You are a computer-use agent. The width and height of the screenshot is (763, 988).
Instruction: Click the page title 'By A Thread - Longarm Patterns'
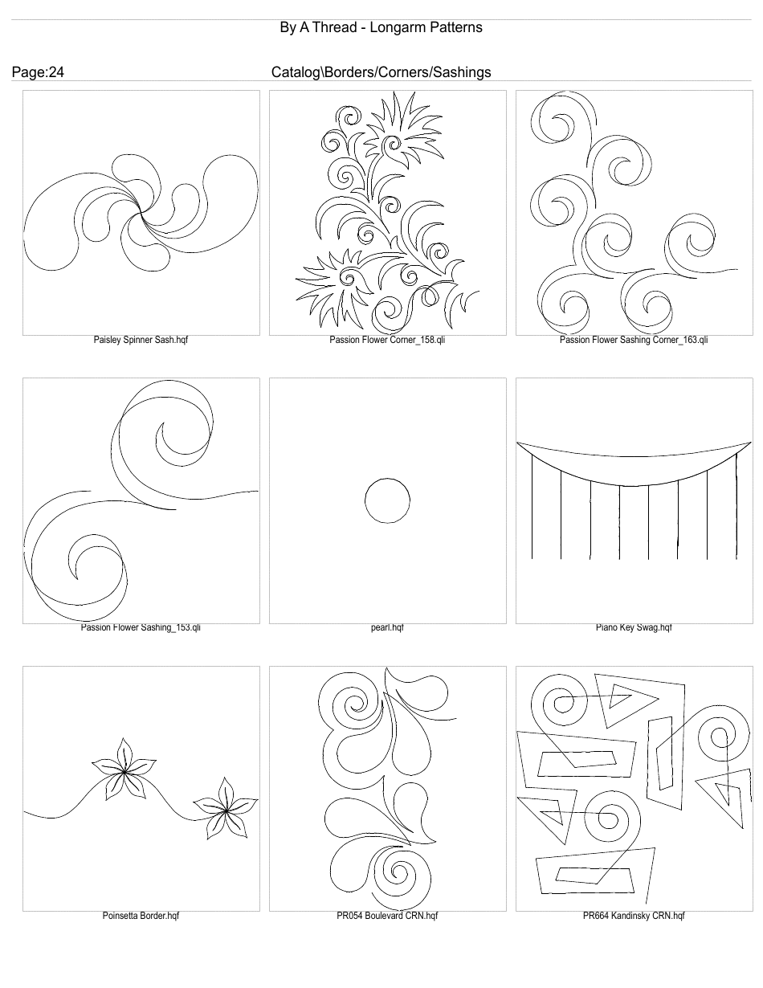[x=381, y=27]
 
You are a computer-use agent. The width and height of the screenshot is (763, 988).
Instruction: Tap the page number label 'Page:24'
[x=38, y=72]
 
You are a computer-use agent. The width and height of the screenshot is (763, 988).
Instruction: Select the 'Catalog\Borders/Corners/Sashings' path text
[x=381, y=72]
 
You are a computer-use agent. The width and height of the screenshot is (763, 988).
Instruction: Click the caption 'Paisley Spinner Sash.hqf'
[x=141, y=340]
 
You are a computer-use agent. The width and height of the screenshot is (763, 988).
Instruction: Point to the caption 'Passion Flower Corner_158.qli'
[x=387, y=340]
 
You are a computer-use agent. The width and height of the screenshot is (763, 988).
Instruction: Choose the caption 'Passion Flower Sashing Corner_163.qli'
[x=634, y=340]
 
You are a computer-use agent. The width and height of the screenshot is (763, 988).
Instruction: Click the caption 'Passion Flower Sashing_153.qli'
[x=141, y=627]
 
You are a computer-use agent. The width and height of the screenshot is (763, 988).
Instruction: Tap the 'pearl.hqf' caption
[x=387, y=627]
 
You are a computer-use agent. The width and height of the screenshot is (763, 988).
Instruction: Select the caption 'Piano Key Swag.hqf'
[x=634, y=627]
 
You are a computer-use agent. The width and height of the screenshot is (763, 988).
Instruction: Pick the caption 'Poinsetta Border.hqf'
[x=141, y=916]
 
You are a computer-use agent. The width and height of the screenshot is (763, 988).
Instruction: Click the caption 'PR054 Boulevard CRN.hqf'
[x=387, y=916]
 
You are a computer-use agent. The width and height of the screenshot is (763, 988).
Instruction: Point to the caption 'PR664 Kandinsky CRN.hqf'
[x=634, y=916]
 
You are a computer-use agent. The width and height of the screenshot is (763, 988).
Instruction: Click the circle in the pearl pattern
[x=387, y=500]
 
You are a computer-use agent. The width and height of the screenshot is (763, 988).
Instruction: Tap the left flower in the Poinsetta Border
[x=123, y=772]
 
